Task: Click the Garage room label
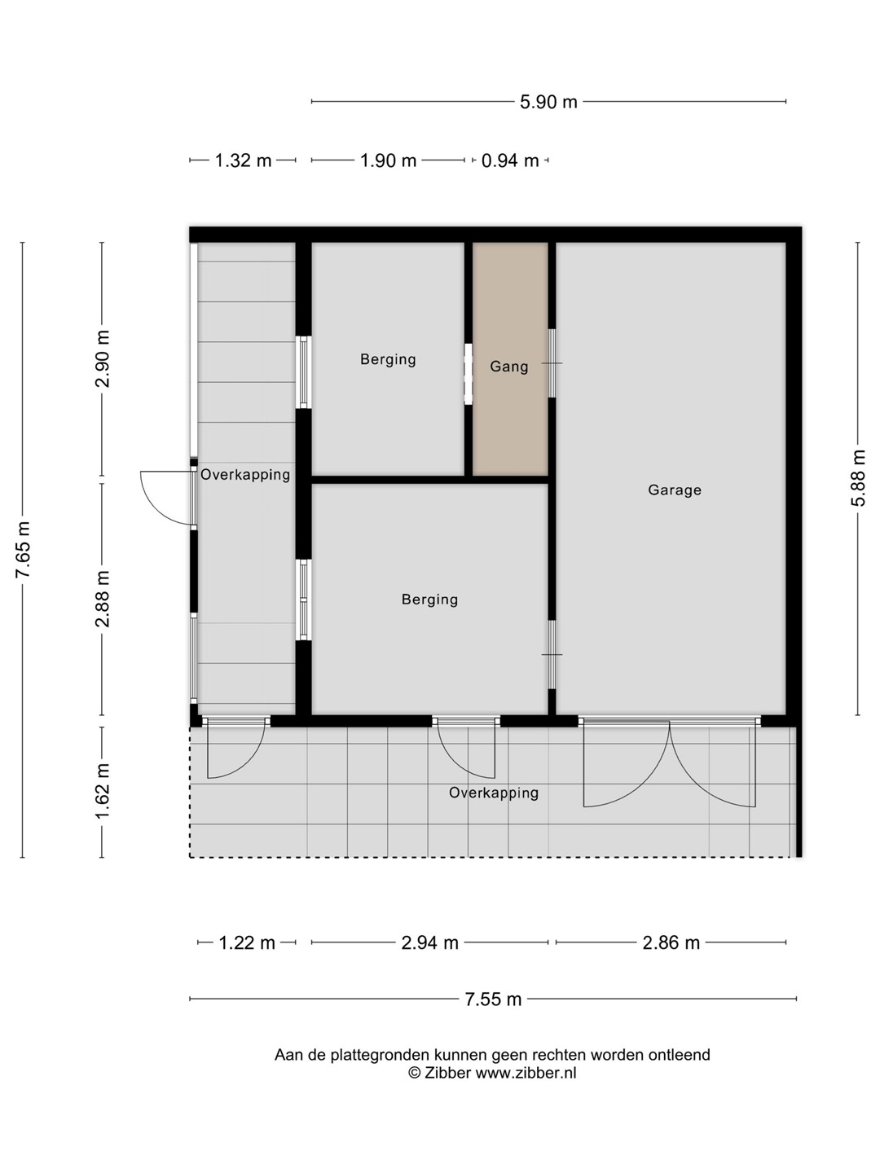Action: point(675,490)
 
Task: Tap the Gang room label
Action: point(508,367)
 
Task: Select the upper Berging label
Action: point(388,359)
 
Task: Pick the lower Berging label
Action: point(429,600)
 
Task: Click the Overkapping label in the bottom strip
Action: point(494,793)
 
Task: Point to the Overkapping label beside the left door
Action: point(245,475)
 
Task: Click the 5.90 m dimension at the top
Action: point(548,102)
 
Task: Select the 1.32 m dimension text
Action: point(243,160)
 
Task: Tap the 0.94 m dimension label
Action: point(510,160)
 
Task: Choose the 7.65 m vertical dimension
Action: point(23,549)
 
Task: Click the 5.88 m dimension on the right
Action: point(858,477)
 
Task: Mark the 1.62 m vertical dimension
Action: point(102,791)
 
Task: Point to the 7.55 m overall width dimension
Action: point(493,999)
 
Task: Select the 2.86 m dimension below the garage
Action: point(671,942)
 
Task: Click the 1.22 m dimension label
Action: point(247,942)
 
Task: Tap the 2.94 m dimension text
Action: point(430,942)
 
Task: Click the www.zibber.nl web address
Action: point(526,1073)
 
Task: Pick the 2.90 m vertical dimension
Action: point(102,358)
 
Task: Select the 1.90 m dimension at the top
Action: point(389,160)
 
